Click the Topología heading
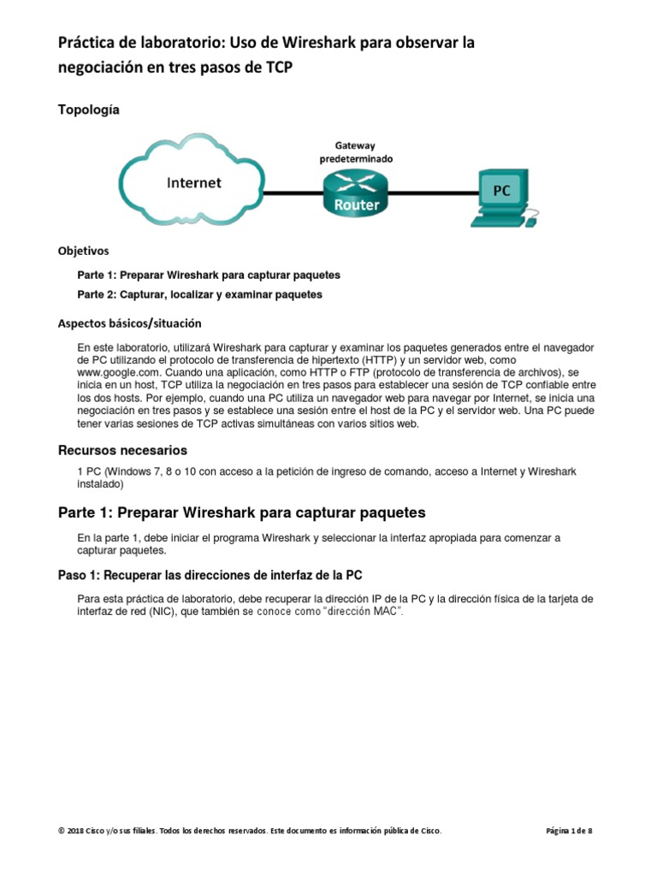click(88, 109)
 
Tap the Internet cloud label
click(193, 182)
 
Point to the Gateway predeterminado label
click(355, 152)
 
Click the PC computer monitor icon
click(500, 192)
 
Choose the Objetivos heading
click(83, 252)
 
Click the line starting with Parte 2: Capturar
click(199, 294)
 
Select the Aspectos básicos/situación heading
click(129, 323)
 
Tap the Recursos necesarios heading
click(122, 450)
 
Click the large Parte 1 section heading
click(241, 512)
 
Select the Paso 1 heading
click(216, 574)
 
